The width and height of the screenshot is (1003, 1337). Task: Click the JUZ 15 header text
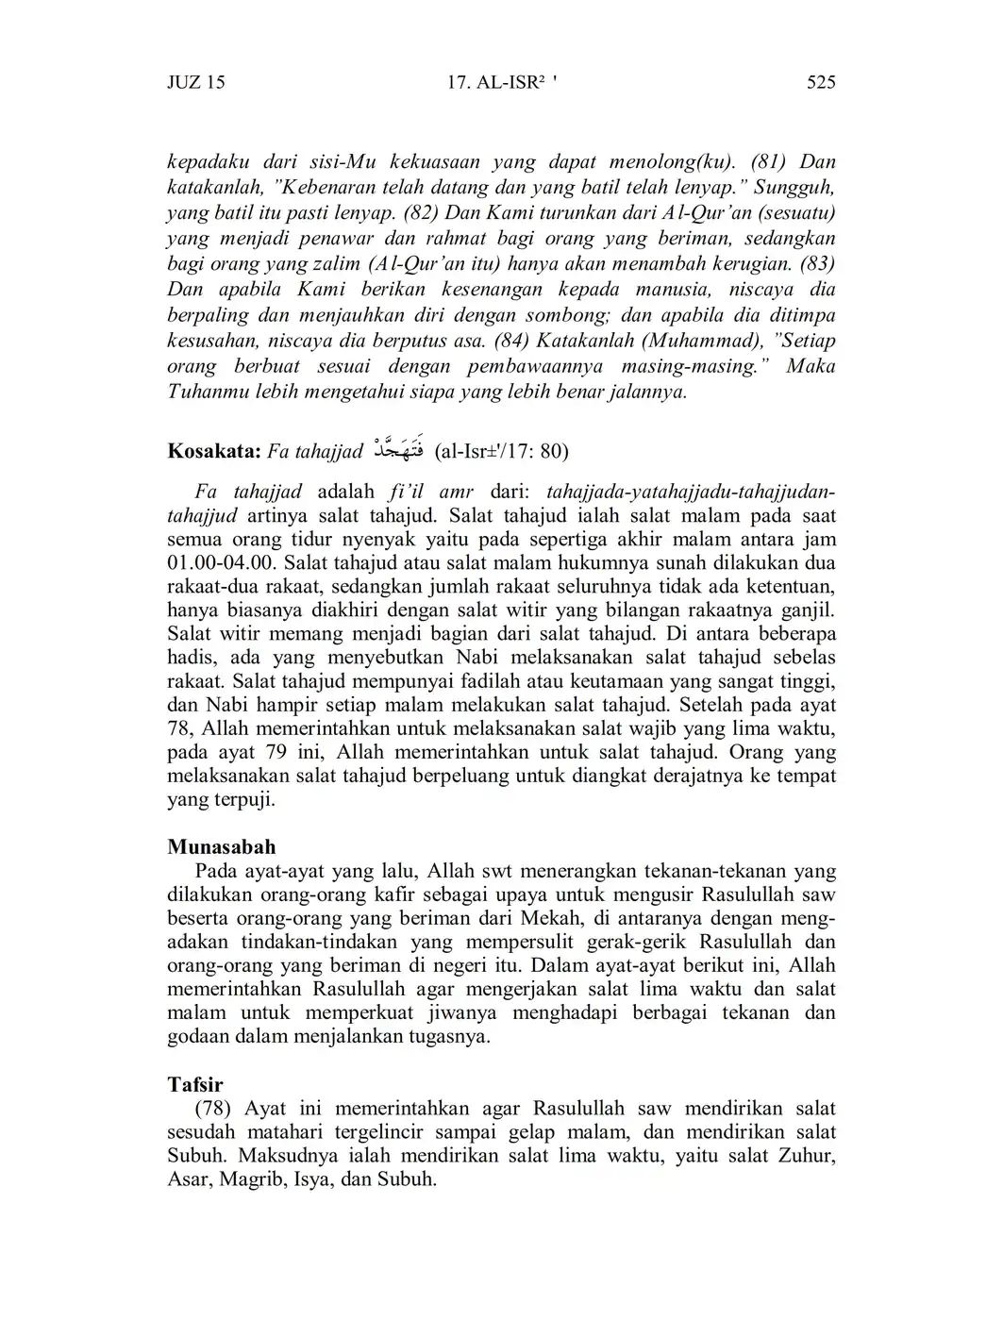(x=195, y=82)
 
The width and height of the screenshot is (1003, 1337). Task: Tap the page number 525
(x=821, y=82)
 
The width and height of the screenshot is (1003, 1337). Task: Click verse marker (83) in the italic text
(x=817, y=263)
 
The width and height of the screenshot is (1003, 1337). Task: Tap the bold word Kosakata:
(x=213, y=451)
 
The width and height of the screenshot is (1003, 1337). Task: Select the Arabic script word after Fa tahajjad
(x=397, y=449)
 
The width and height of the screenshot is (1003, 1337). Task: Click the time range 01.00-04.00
(x=222, y=563)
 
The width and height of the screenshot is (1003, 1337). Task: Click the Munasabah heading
(x=221, y=846)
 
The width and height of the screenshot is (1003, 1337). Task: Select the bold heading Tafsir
(x=194, y=1084)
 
